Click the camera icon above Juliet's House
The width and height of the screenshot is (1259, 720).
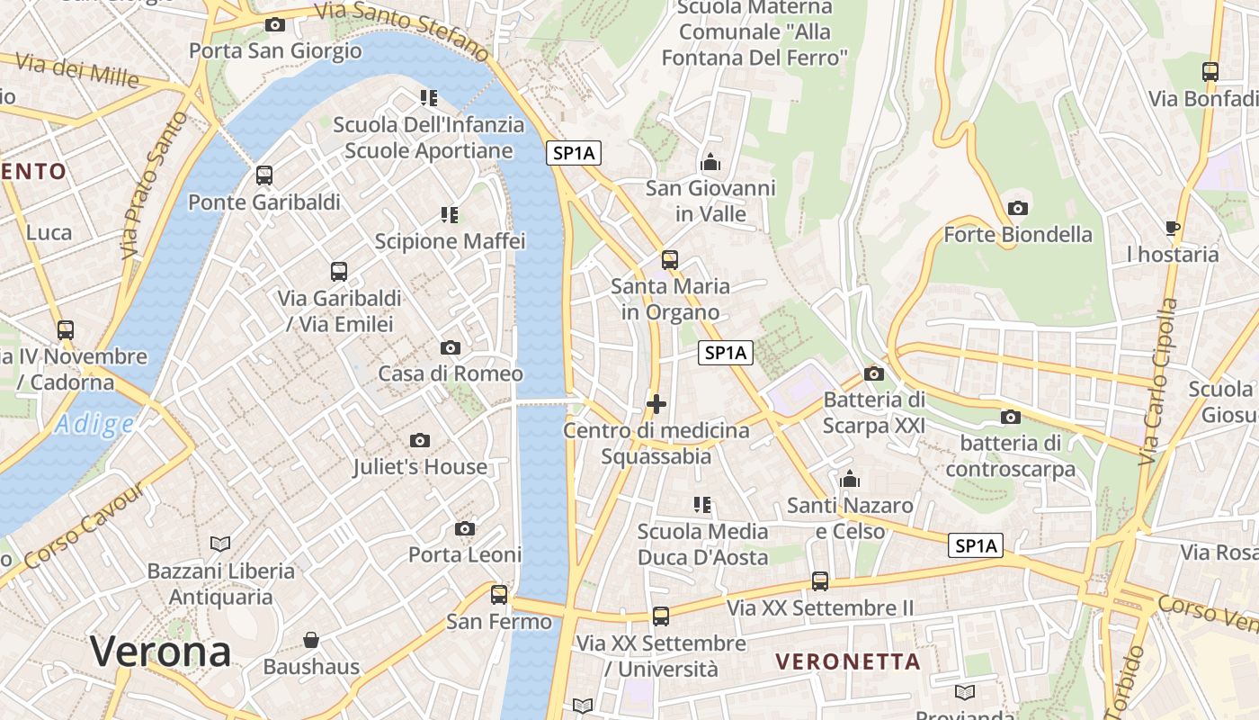click(x=419, y=440)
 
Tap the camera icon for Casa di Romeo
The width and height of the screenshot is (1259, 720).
click(x=451, y=347)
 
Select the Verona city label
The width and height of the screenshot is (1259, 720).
click(x=161, y=651)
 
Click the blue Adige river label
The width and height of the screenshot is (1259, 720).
click(x=94, y=424)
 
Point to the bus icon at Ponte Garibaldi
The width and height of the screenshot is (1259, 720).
click(x=263, y=175)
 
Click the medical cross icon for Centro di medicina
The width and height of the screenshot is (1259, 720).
click(x=656, y=404)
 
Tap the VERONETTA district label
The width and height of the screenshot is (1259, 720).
click(x=848, y=661)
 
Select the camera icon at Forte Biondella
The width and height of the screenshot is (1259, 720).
click(x=1018, y=208)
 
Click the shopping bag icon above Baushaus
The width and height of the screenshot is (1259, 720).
click(x=311, y=640)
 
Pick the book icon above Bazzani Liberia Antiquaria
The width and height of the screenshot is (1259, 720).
click(x=220, y=544)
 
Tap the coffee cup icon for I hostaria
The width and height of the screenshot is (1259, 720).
click(x=1173, y=228)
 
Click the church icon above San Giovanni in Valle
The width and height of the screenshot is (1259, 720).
click(x=710, y=162)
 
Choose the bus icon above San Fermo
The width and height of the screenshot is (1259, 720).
click(x=499, y=594)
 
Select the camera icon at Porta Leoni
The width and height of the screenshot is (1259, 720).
click(x=465, y=528)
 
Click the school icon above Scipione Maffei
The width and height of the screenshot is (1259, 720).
click(x=450, y=214)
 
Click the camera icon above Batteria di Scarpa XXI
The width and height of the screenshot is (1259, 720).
click(x=873, y=373)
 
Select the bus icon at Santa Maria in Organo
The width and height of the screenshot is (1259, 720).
click(x=670, y=260)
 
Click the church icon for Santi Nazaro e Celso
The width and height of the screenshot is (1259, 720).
click(x=850, y=479)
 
